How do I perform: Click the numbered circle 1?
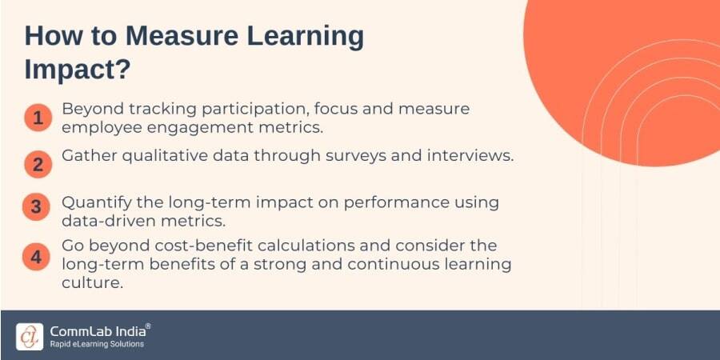click(37, 117)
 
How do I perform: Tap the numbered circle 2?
click(37, 164)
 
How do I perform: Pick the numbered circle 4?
click(37, 258)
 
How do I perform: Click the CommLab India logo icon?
click(30, 335)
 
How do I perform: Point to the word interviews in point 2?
click(472, 156)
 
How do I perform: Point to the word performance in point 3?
click(396, 202)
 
